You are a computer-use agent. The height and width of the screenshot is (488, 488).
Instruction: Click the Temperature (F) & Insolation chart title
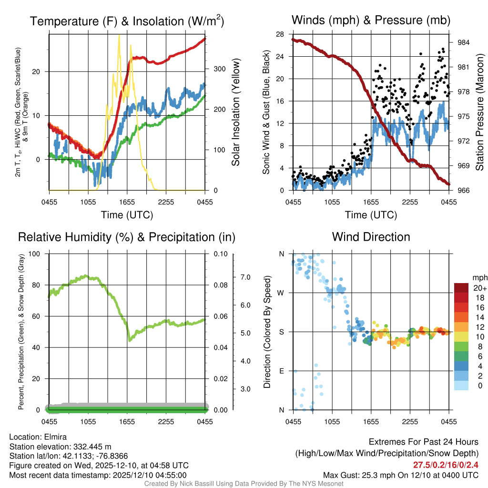[x=127, y=21]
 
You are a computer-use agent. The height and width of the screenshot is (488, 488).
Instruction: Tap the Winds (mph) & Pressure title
[x=371, y=20]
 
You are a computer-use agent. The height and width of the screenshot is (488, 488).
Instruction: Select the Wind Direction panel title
[x=371, y=237]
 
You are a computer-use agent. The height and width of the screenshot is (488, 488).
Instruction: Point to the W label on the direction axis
[x=282, y=293]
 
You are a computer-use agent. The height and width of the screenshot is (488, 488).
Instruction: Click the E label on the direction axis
[x=282, y=371]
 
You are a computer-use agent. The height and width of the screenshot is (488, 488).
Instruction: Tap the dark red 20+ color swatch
[x=462, y=288]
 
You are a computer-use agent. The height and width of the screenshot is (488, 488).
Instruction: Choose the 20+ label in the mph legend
[x=479, y=288]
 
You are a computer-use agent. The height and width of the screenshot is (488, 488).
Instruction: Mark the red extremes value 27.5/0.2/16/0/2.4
[x=446, y=465]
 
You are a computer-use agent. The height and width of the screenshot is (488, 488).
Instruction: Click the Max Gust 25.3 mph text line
[x=400, y=475]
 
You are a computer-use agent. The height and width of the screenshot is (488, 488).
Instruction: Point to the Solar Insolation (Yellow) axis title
[x=235, y=112]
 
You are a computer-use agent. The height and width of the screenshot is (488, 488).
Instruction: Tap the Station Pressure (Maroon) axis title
[x=479, y=112]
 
